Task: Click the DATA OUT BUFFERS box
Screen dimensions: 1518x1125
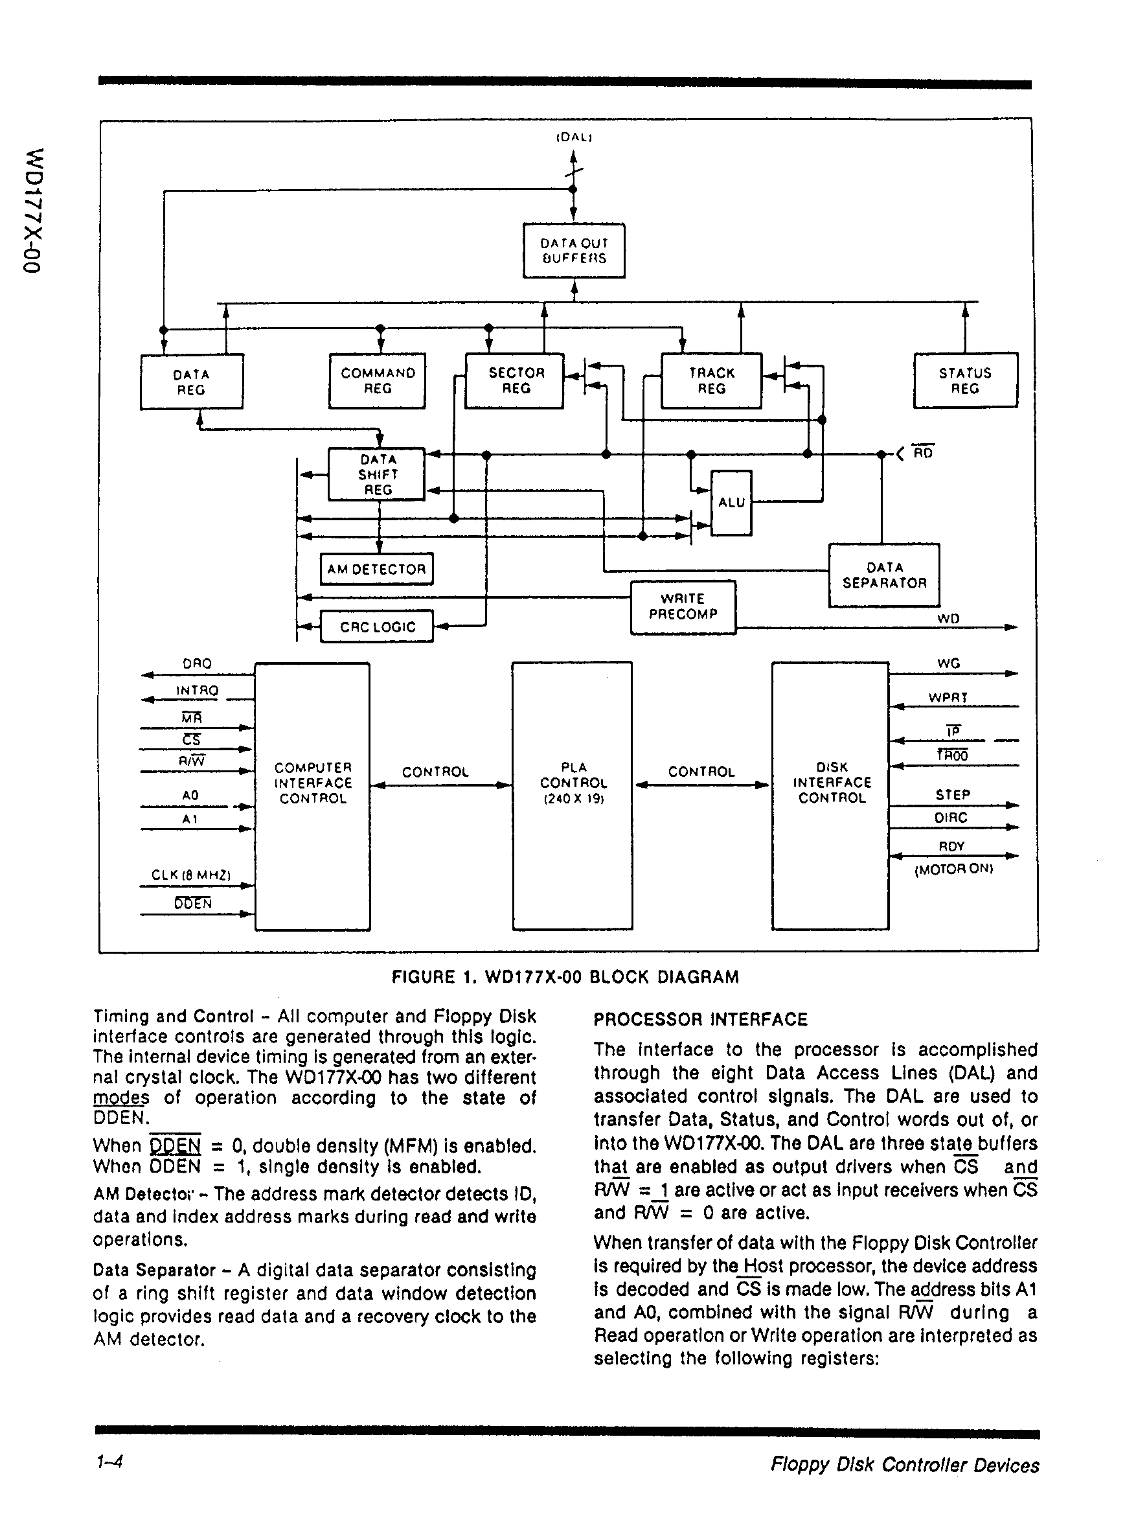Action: pyautogui.click(x=573, y=251)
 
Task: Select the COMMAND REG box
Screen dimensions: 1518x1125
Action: pyautogui.click(x=378, y=381)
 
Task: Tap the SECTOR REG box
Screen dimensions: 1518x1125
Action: pyautogui.click(x=515, y=381)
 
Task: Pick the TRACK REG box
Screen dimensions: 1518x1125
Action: pyautogui.click(x=712, y=381)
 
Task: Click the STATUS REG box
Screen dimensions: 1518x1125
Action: pyautogui.click(x=965, y=381)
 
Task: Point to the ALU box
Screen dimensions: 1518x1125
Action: pyautogui.click(x=731, y=503)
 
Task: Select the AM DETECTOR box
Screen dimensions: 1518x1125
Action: pyautogui.click(x=376, y=569)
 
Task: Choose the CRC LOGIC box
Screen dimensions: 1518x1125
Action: pyautogui.click(x=376, y=627)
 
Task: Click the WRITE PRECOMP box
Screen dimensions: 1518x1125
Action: pyautogui.click(x=683, y=607)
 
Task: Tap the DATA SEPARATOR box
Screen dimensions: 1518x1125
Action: pyautogui.click(x=884, y=575)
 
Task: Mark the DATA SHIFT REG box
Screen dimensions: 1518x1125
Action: pyautogui.click(x=376, y=475)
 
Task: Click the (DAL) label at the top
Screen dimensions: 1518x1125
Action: pyautogui.click(x=574, y=137)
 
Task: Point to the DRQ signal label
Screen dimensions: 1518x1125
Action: pyautogui.click(x=198, y=663)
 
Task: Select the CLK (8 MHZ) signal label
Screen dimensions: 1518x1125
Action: pyautogui.click(x=191, y=875)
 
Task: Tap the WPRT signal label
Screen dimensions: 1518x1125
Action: pyautogui.click(x=948, y=697)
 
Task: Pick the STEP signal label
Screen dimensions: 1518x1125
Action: pyautogui.click(x=953, y=795)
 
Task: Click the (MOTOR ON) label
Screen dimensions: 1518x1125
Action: pyautogui.click(x=953, y=869)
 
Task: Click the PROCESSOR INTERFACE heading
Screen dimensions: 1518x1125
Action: pyautogui.click(x=700, y=1020)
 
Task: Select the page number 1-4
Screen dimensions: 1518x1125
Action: pyautogui.click(x=109, y=1462)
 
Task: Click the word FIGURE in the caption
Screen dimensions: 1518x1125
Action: pyautogui.click(x=422, y=977)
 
